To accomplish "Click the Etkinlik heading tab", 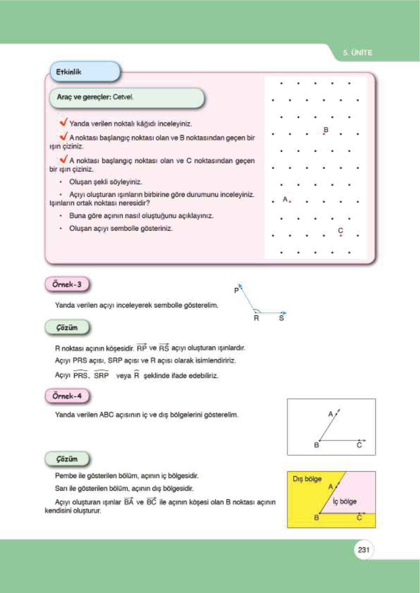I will pos(69,72).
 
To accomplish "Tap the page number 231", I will pos(363,550).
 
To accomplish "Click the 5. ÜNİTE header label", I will pos(357,53).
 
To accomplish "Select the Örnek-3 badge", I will pos(67,285).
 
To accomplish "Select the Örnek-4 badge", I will pos(67,396).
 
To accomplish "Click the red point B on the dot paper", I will pos(324,134).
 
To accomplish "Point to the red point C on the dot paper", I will pos(341,235).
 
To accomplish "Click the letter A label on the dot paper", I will pos(285,199).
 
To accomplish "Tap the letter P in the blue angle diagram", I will pos(236,291).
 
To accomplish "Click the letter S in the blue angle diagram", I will pos(281,318).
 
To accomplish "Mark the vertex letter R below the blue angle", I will pos(256,318).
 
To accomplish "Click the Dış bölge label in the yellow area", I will pos(307,479).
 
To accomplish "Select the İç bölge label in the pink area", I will pos(345,501).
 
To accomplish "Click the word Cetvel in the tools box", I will pos(123,97).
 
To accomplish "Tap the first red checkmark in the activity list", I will pos(63,122).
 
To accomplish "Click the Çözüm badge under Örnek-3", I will pos(67,328).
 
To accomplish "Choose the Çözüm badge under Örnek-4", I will pos(67,459).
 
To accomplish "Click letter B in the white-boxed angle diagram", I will pos(316,445).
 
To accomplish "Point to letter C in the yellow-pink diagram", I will pos(359,518).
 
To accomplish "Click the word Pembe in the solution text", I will pos(66,476).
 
